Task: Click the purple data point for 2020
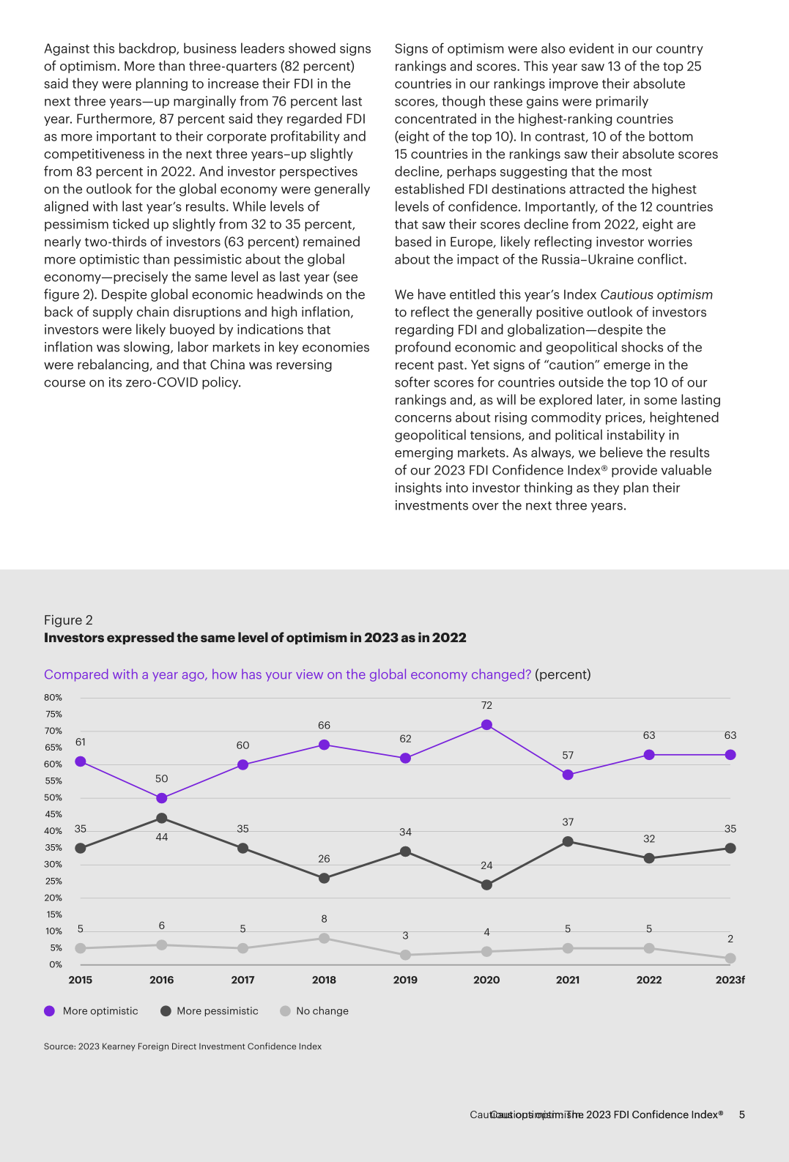(486, 725)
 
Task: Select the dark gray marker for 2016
(162, 818)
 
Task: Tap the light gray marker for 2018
(324, 938)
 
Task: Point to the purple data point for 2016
(162, 798)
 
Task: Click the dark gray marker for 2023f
(730, 848)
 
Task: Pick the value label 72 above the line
(486, 705)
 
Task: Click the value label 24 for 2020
(486, 865)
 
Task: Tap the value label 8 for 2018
(324, 919)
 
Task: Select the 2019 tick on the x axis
(405, 980)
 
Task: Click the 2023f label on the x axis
(730, 980)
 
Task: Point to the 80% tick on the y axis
(53, 698)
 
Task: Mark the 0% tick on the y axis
(56, 964)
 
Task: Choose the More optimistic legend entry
(91, 1011)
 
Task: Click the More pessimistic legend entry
(210, 1011)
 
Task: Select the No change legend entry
(315, 1011)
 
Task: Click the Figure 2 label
(68, 620)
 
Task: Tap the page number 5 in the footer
(741, 1114)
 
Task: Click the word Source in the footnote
(59, 1046)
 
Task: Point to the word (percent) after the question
(563, 674)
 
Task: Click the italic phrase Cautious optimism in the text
(656, 294)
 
